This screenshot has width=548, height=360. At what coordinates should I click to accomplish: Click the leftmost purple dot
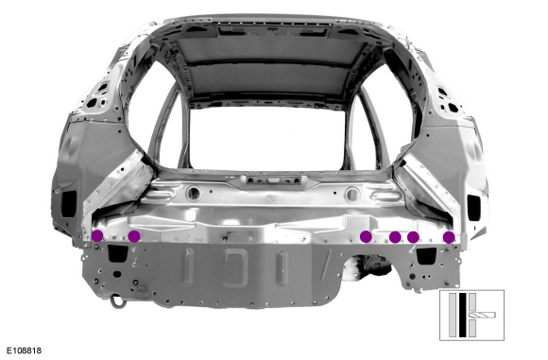click(97, 235)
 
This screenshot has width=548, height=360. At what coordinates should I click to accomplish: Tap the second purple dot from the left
click(134, 236)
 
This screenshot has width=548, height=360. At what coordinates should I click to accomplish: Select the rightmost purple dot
click(449, 237)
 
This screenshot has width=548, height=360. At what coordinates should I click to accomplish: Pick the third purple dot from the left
click(367, 236)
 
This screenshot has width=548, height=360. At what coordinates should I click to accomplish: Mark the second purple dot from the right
click(413, 237)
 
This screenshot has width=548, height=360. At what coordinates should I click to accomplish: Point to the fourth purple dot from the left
click(395, 237)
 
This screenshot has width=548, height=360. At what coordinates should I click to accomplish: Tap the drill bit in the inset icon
click(487, 315)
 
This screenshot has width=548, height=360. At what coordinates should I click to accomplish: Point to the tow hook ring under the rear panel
click(117, 301)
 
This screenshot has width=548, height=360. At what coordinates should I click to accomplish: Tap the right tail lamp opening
click(475, 201)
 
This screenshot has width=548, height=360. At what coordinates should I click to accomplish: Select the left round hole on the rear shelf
click(194, 192)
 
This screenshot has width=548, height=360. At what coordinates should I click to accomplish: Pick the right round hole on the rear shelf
click(352, 193)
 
